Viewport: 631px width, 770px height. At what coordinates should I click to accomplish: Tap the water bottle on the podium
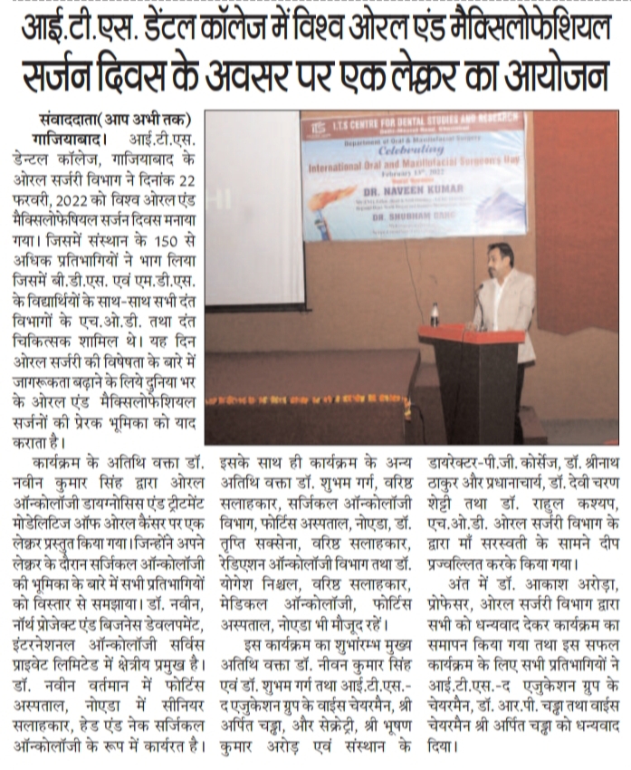point(435,314)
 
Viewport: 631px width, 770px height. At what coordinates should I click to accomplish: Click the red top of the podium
point(471,332)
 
